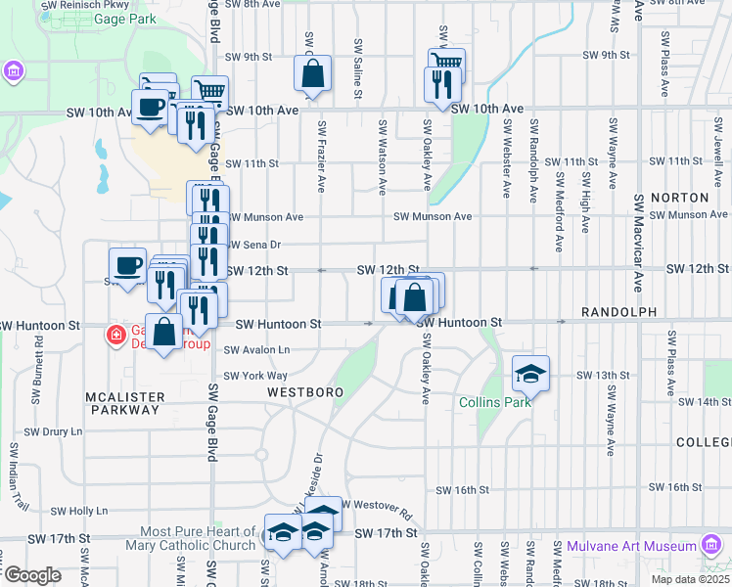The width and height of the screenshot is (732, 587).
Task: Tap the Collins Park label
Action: pyautogui.click(x=495, y=402)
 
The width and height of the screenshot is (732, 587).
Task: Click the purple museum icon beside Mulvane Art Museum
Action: pyautogui.click(x=710, y=545)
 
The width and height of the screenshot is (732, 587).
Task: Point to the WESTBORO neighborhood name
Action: pyautogui.click(x=306, y=392)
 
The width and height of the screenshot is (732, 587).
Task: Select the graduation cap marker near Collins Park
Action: pyautogui.click(x=531, y=373)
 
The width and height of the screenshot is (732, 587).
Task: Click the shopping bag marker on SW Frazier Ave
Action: pyautogui.click(x=312, y=74)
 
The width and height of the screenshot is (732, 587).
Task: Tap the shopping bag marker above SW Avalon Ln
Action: pyautogui.click(x=164, y=333)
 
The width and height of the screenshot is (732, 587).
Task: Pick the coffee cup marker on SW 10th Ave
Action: pyautogui.click(x=151, y=108)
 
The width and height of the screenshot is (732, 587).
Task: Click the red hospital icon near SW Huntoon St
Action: pyautogui.click(x=116, y=336)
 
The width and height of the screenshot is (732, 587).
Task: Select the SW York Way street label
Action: pyautogui.click(x=255, y=376)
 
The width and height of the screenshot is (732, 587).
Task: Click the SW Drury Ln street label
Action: pyautogui.click(x=54, y=431)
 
